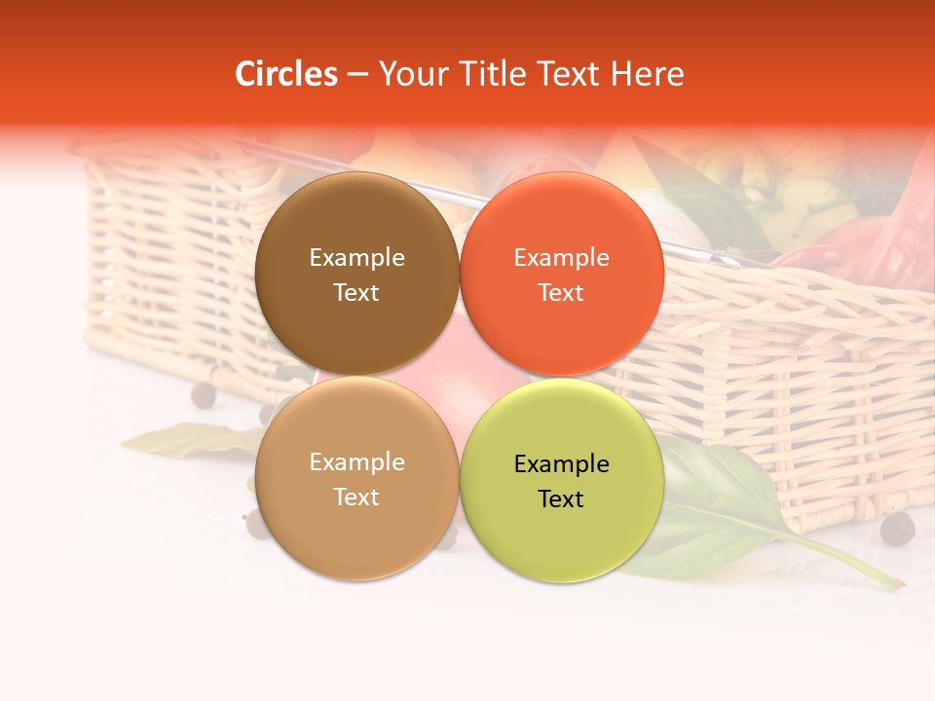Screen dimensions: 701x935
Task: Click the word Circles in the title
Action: tap(286, 74)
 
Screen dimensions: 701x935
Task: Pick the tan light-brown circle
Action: tap(356, 526)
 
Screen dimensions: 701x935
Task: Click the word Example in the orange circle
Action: tap(561, 257)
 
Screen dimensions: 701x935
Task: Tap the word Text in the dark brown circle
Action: tap(356, 292)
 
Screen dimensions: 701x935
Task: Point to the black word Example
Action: tap(561, 463)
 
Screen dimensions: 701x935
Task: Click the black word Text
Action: tap(561, 498)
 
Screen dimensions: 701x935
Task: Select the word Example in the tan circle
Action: tap(356, 461)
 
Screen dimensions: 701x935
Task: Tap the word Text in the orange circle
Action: tap(561, 292)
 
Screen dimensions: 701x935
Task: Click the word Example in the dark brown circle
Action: tap(356, 257)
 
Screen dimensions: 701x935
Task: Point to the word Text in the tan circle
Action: tap(356, 497)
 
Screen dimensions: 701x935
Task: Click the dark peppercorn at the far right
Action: tap(897, 529)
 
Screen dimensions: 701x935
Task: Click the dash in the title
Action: tap(357, 74)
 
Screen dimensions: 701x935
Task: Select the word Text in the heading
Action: tap(569, 74)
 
